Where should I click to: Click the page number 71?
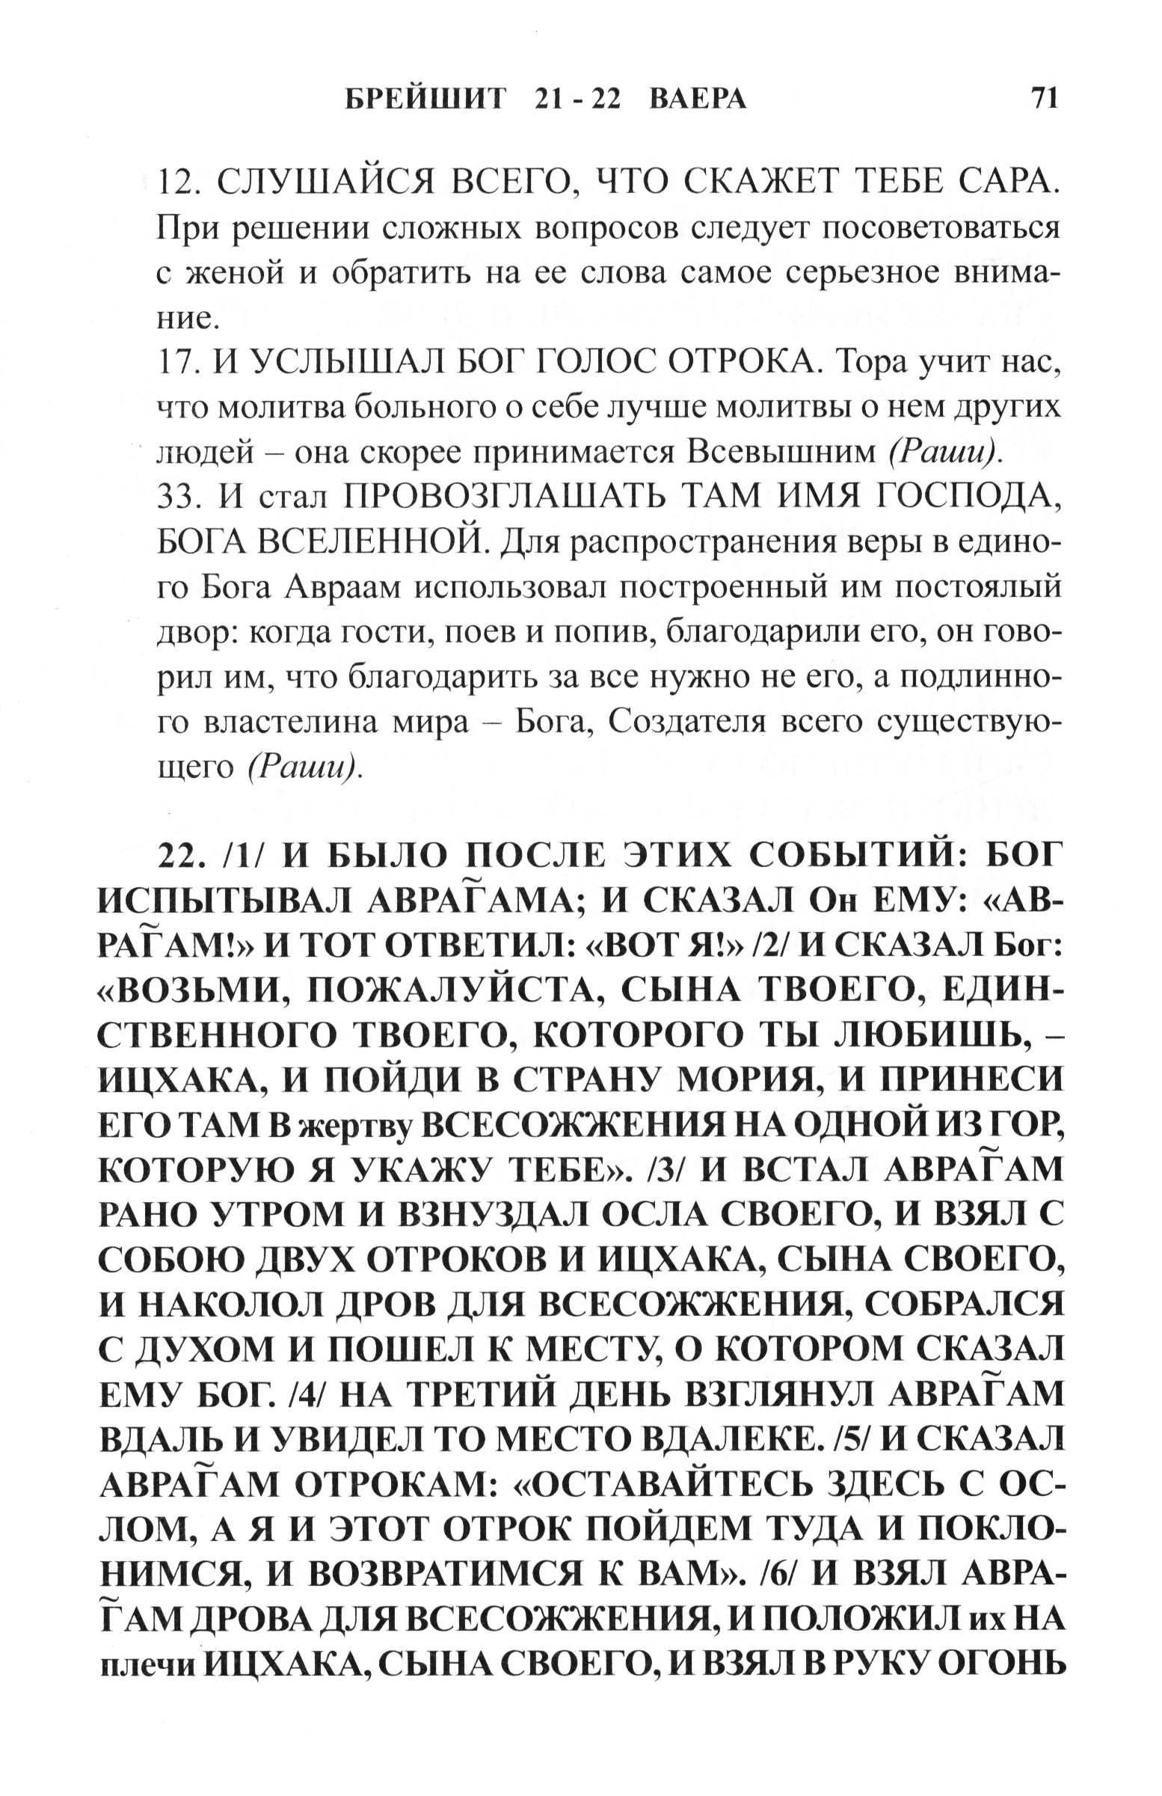[1045, 98]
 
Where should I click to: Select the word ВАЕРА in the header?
[697, 99]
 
